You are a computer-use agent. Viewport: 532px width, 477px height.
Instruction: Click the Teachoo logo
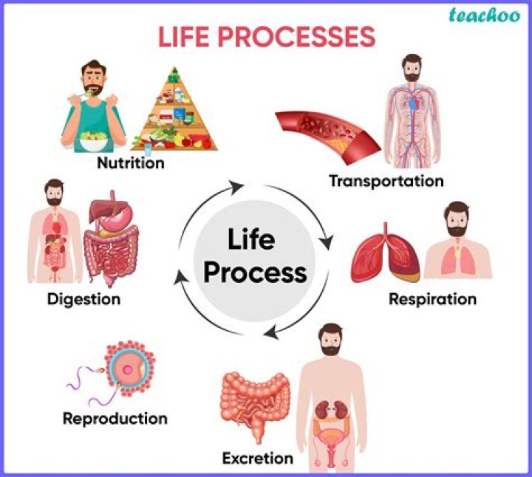click(x=484, y=16)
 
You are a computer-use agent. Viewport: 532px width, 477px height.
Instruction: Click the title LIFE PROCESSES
click(x=267, y=37)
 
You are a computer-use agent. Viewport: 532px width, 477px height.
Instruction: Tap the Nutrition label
click(x=131, y=162)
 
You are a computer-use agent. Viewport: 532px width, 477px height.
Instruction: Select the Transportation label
click(x=386, y=181)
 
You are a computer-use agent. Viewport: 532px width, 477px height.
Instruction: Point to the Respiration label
click(x=432, y=299)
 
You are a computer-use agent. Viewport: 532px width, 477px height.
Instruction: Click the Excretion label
click(x=257, y=459)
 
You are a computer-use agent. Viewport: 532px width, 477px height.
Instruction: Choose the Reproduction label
click(x=115, y=419)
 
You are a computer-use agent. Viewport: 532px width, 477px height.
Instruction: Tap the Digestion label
click(x=83, y=299)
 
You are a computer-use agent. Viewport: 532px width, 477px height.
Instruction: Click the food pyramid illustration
click(x=174, y=111)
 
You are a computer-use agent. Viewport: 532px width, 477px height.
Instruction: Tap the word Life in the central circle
click(x=251, y=240)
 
